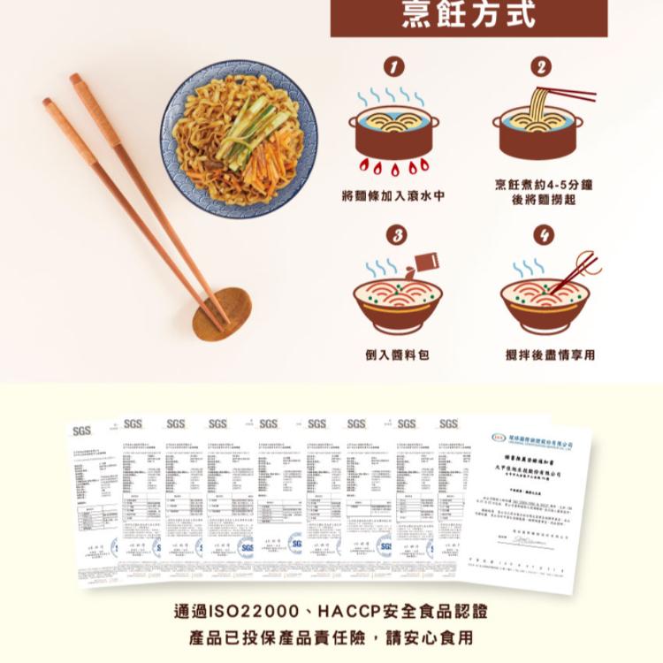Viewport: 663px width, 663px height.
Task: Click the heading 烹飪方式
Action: tap(469, 15)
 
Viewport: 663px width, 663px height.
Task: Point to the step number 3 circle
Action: tap(398, 235)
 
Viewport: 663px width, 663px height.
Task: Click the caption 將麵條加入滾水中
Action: tap(393, 196)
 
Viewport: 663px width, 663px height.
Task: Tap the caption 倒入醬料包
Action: tap(397, 354)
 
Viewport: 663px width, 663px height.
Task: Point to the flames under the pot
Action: tap(393, 165)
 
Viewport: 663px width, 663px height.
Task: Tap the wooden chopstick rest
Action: tap(222, 313)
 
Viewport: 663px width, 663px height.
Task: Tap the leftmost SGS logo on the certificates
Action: tap(82, 431)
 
